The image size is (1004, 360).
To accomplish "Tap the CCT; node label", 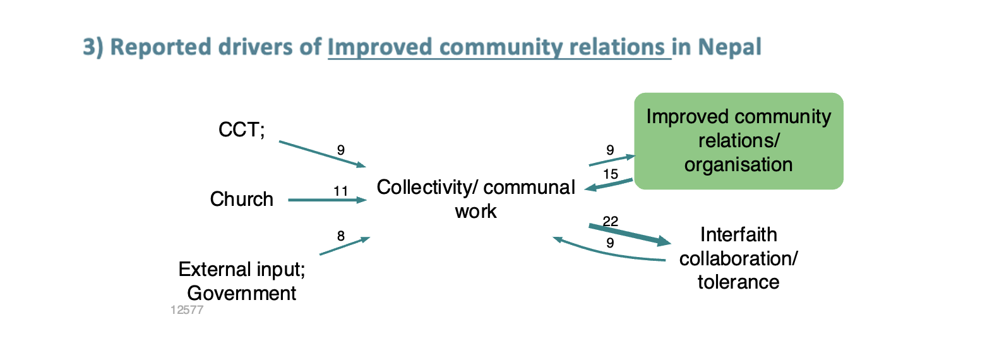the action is [242, 129].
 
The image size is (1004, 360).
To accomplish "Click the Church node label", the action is [242, 199].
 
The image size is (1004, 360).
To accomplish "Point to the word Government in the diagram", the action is [242, 293].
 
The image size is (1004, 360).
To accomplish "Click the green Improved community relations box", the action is [739, 141].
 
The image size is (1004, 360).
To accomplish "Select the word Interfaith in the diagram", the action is [739, 234].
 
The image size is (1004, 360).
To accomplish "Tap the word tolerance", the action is [739, 282].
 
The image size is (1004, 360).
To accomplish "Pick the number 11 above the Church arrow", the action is [340, 191].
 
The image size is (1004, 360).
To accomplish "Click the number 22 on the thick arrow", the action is [611, 221].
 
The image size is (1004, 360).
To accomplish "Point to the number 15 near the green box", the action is [611, 174].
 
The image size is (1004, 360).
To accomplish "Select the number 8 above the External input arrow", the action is [340, 236].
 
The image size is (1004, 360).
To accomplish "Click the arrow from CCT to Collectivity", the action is [323, 154].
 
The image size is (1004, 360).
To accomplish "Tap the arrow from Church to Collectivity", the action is [328, 200].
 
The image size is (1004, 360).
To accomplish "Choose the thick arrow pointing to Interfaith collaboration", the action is [630, 235].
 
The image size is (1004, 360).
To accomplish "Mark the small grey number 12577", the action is [187, 309].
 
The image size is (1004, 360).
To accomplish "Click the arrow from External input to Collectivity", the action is [345, 246].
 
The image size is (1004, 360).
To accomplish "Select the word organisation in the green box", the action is [739, 165].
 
